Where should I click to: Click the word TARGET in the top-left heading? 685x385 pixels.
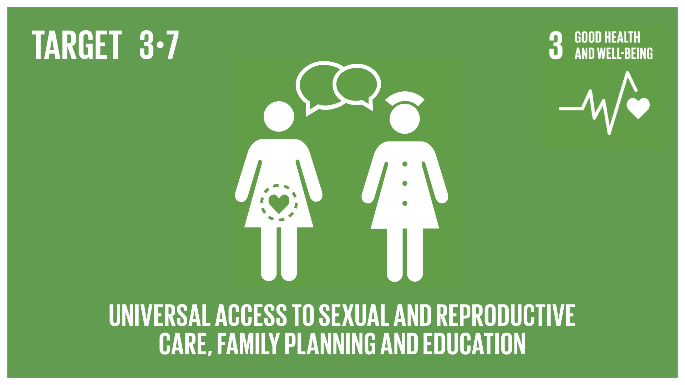pos(77,45)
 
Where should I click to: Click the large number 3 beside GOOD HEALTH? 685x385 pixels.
pos(556,46)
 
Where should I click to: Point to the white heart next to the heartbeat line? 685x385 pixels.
pos(638,108)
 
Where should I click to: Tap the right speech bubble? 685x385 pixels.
pos(357,86)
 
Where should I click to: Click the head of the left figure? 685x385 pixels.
pos(279,116)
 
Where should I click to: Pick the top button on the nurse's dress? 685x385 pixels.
pos(405,164)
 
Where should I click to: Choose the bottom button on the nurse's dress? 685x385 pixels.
pos(405,203)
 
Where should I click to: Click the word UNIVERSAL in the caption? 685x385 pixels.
pos(159,315)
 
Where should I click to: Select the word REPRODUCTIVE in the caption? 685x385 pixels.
pos(506,315)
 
